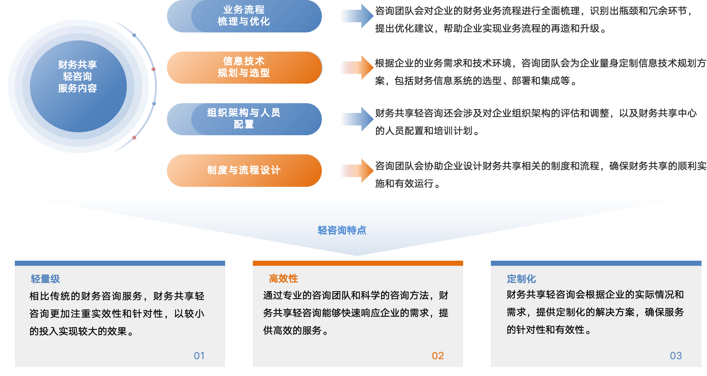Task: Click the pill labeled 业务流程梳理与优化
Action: pyautogui.click(x=244, y=16)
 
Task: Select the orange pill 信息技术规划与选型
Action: pyautogui.click(x=244, y=67)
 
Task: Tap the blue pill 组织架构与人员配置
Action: pyautogui.click(x=244, y=119)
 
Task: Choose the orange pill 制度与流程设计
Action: pyautogui.click(x=244, y=170)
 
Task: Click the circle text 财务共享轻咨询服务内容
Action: pyautogui.click(x=78, y=76)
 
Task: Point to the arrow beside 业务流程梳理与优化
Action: pyautogui.click(x=356, y=16)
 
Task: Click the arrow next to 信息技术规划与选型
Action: pyautogui.click(x=356, y=67)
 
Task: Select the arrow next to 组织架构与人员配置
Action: pyautogui.click(x=356, y=119)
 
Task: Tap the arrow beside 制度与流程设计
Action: pyautogui.click(x=356, y=170)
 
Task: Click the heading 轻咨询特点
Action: pyautogui.click(x=342, y=230)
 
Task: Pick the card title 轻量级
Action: pyautogui.click(x=45, y=279)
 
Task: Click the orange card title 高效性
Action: pyautogui.click(x=284, y=278)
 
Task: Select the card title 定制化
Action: pyautogui.click(x=521, y=279)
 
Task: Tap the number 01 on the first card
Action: pyautogui.click(x=199, y=356)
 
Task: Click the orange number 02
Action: pyautogui.click(x=438, y=356)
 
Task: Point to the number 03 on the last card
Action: pyautogui.click(x=676, y=356)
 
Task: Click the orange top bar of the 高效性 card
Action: pyautogui.click(x=358, y=263)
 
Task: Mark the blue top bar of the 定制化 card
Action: pyautogui.click(x=596, y=263)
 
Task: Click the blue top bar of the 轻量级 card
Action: pyautogui.click(x=120, y=263)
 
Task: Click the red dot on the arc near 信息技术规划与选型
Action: pyautogui.click(x=153, y=69)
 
